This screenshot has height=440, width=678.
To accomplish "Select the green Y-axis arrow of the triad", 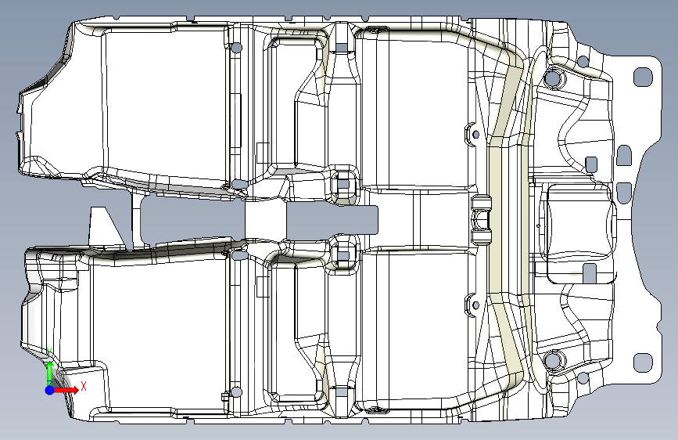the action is (x=49, y=369).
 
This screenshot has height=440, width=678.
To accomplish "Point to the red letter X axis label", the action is (x=83, y=385).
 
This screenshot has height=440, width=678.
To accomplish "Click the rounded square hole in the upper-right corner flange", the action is (x=642, y=76).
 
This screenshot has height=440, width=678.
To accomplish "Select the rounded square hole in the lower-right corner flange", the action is (x=642, y=361).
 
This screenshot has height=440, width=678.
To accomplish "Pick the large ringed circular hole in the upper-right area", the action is (x=553, y=78).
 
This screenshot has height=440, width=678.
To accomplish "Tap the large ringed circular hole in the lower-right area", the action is (x=553, y=360).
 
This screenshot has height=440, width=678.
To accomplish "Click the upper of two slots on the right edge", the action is (x=623, y=155).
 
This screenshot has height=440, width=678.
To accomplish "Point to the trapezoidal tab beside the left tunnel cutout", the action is (x=106, y=226).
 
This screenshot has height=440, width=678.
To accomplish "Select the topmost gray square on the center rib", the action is (x=342, y=47).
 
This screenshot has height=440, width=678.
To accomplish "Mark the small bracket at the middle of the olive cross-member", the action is (x=482, y=220).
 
